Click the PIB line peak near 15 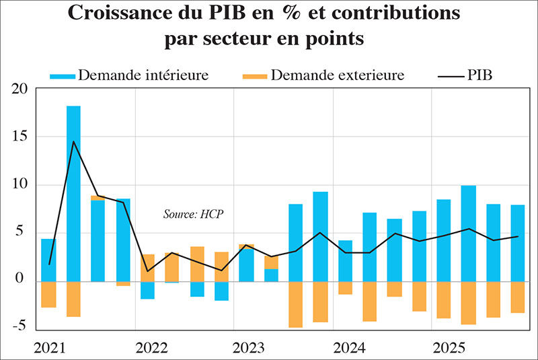(73, 141)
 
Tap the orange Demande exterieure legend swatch (254, 75)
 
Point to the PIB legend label (479, 75)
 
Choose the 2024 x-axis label (350, 349)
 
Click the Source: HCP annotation (193, 214)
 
